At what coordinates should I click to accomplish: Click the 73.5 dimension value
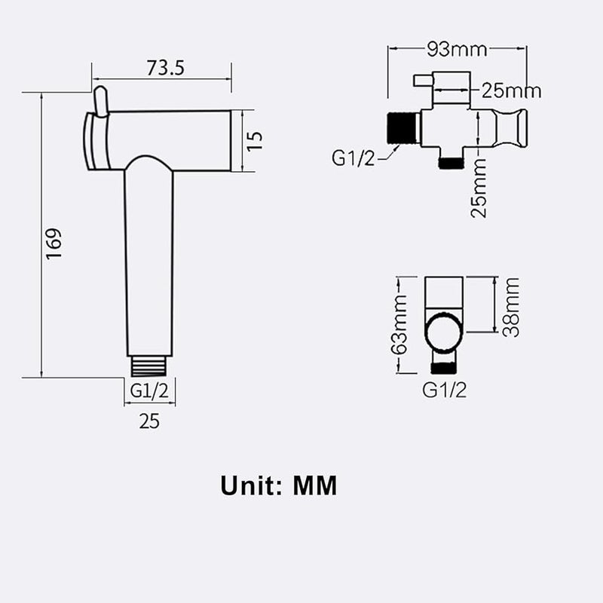[x=165, y=68]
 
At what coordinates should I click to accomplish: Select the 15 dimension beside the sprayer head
[x=255, y=140]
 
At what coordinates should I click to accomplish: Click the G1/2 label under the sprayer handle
[x=150, y=390]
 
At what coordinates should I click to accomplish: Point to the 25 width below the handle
[x=149, y=421]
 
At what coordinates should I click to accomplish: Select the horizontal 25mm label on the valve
[x=511, y=90]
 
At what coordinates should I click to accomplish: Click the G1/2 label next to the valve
[x=354, y=158]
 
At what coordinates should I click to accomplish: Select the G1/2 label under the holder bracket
[x=444, y=390]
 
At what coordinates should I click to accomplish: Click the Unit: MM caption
[x=279, y=485]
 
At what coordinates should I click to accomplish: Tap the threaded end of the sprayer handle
[x=149, y=366]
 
